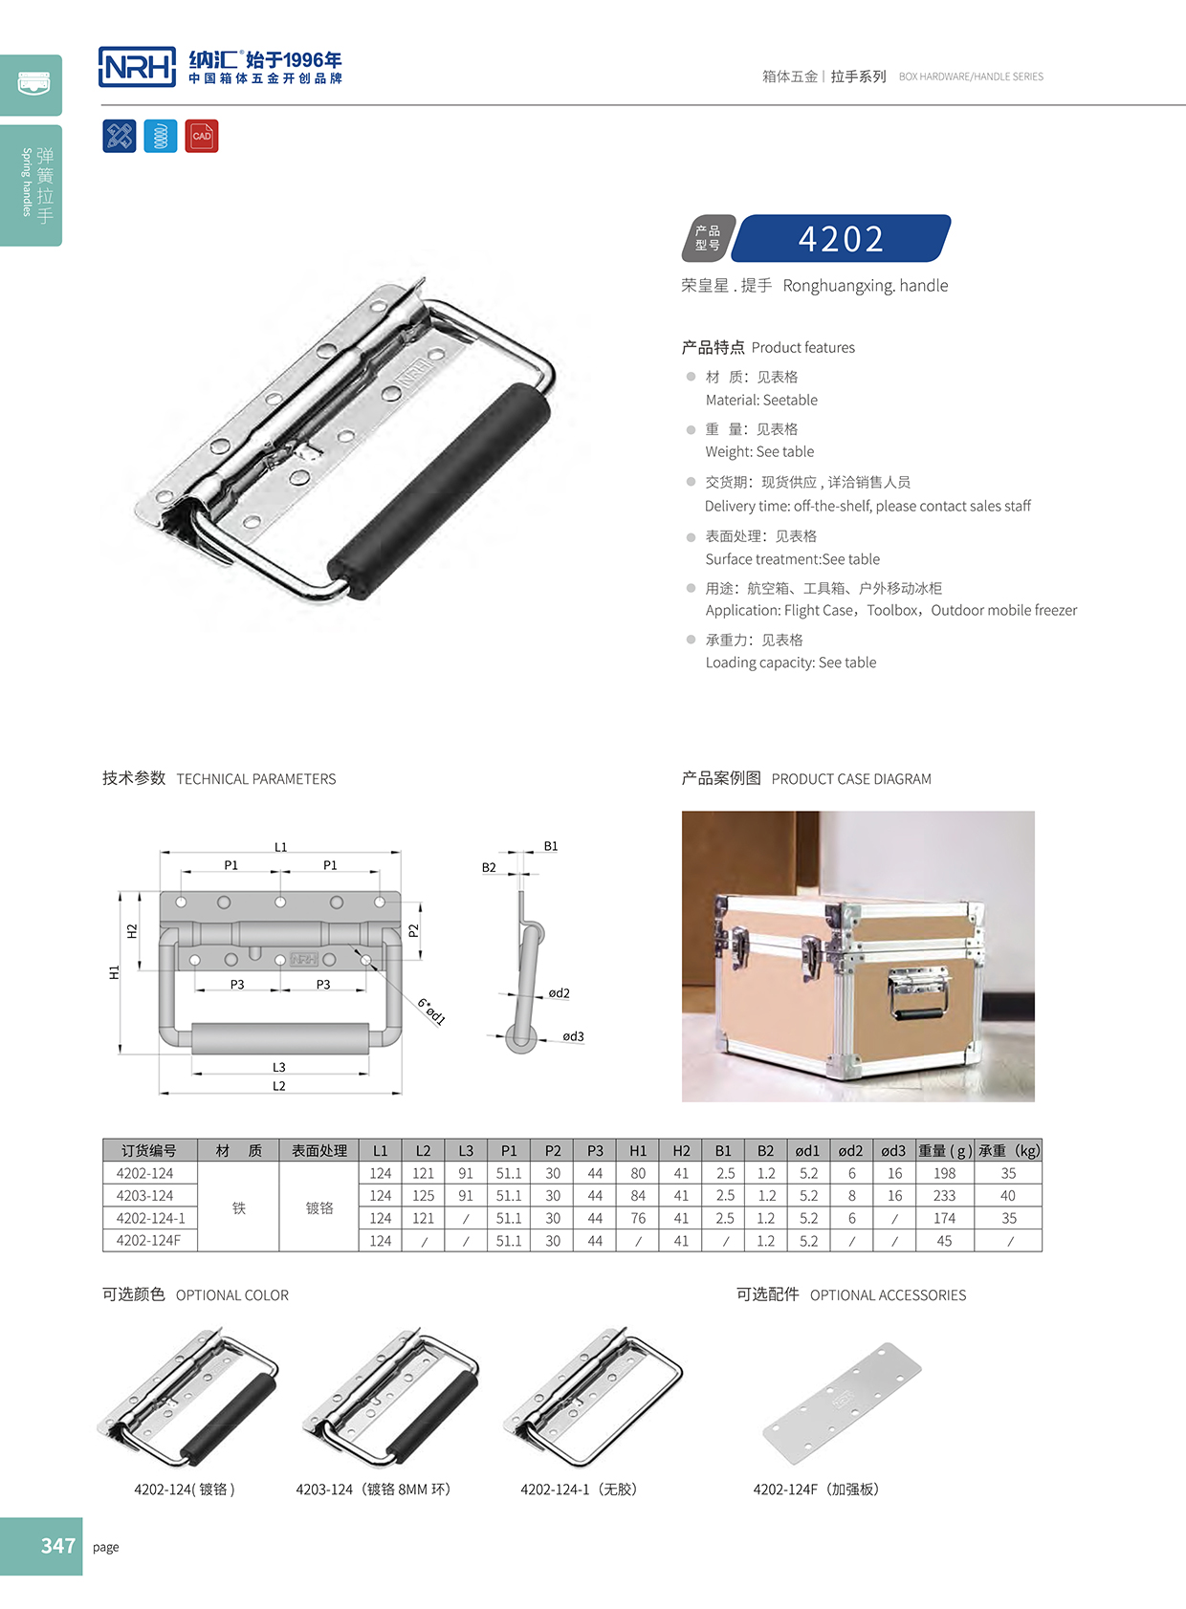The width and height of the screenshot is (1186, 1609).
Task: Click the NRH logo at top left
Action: pyautogui.click(x=137, y=67)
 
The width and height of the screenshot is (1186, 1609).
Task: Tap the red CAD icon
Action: pyautogui.click(x=202, y=136)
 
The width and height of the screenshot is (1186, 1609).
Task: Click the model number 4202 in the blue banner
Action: pyautogui.click(x=841, y=239)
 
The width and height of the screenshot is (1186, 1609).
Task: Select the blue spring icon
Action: pyautogui.click(x=161, y=136)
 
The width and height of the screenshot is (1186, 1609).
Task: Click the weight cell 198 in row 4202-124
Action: pyautogui.click(x=944, y=1173)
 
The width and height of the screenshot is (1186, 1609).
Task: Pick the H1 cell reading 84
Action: pyautogui.click(x=638, y=1196)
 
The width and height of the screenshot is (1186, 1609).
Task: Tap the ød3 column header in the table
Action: pyautogui.click(x=893, y=1151)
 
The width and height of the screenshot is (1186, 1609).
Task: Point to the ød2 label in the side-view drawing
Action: pyautogui.click(x=559, y=993)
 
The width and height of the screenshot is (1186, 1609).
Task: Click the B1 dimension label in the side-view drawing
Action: pyautogui.click(x=551, y=846)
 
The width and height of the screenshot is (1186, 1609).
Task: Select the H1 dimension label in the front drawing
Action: pyautogui.click(x=114, y=972)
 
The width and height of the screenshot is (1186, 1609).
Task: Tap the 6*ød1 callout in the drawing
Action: pyautogui.click(x=431, y=1011)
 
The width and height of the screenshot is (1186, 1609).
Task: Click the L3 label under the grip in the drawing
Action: pyautogui.click(x=278, y=1067)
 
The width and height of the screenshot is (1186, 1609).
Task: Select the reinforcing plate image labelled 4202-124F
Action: pyautogui.click(x=842, y=1402)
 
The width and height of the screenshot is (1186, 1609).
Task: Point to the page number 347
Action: pyautogui.click(x=57, y=1546)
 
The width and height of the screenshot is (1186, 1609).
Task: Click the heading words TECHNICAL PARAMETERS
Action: pyautogui.click(x=256, y=779)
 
